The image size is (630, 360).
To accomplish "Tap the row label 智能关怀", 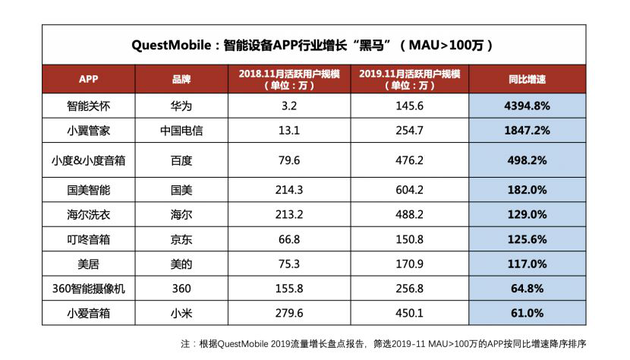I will (x=89, y=106).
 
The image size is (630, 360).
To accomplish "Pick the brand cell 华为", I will (x=181, y=106).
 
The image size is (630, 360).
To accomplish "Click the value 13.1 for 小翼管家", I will (x=288, y=131).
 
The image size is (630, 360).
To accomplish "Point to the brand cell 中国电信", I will (x=181, y=131).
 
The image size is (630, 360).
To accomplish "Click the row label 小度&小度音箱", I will (x=89, y=160).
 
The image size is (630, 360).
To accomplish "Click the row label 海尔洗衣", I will (x=89, y=215).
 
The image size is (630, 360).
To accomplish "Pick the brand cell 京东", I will (x=181, y=239).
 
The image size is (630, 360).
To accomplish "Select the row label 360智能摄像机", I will (x=89, y=289).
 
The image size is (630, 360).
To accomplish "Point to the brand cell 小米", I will (x=181, y=313).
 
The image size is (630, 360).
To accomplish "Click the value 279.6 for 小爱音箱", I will (x=288, y=313).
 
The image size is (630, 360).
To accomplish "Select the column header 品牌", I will (x=181, y=79).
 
